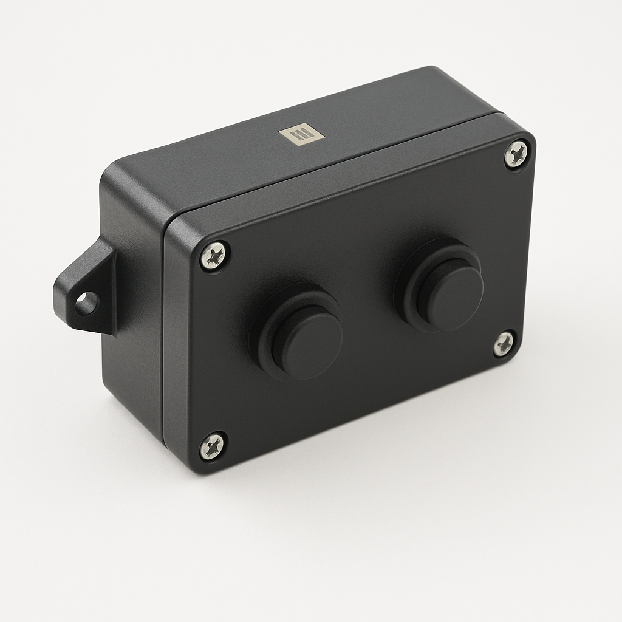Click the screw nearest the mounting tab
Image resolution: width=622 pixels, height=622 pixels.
point(214,255)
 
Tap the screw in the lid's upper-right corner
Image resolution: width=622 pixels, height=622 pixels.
point(516,154)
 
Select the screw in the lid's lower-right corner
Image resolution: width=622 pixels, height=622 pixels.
point(504,344)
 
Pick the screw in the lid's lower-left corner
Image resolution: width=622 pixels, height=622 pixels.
point(213,446)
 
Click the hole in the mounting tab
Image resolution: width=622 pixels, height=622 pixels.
point(86,303)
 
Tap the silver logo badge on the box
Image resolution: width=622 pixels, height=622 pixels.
point(302,134)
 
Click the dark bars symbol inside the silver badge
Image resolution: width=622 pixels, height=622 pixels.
point(302,134)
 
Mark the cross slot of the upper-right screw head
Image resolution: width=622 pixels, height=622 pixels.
point(516,154)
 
